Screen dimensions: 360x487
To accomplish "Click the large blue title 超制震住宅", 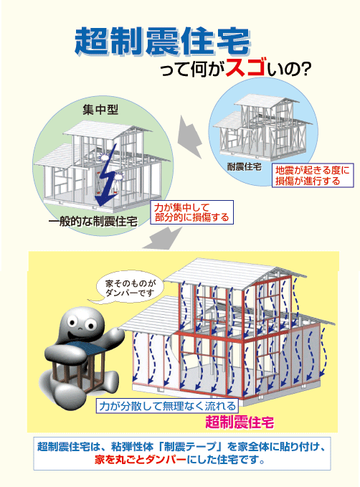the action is pyautogui.click(x=163, y=42).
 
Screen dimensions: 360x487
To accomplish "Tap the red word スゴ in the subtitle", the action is pyautogui.click(x=245, y=67).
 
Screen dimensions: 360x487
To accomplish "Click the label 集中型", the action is pyautogui.click(x=100, y=110).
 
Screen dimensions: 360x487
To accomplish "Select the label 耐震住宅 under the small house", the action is pyautogui.click(x=244, y=167).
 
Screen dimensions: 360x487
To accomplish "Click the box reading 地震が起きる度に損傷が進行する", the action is pyautogui.click(x=313, y=175).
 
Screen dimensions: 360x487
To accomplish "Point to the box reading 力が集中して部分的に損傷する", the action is pyautogui.click(x=191, y=212).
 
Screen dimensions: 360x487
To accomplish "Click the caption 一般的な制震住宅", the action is pyautogui.click(x=93, y=222).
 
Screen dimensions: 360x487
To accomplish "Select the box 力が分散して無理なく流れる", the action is pyautogui.click(x=167, y=406).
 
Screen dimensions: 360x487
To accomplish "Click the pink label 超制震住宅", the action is pyautogui.click(x=240, y=422).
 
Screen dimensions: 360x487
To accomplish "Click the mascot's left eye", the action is pyautogui.click(x=74, y=321).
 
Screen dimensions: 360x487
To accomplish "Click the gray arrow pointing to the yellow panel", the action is pyautogui.click(x=163, y=238).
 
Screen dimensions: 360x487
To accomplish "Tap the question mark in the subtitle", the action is pyautogui.click(x=305, y=70).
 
